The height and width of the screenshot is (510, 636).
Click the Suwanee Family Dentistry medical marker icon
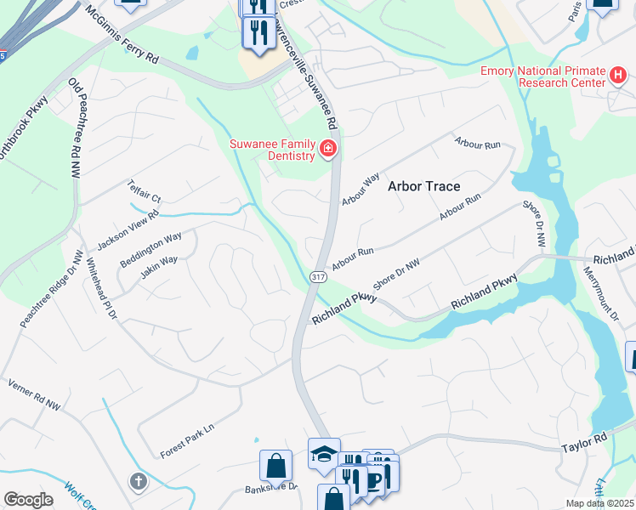coord(327,150)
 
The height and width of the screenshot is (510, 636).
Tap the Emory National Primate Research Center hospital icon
coord(618,76)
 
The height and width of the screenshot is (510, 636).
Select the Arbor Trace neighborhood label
coord(423,186)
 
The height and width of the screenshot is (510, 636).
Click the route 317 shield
coord(317,277)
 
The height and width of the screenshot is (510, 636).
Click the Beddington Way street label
coord(150,250)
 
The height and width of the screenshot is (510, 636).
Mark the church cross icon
coord(138,482)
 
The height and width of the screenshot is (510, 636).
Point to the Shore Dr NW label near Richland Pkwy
coord(396,276)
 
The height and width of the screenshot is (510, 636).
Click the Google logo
coord(28,500)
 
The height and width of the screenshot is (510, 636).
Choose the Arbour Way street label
coord(360,190)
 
